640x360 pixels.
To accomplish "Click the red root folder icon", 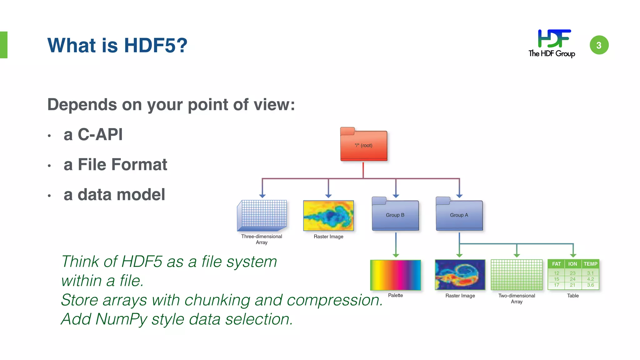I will coord(363,145).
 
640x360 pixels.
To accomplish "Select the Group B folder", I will coord(395,215).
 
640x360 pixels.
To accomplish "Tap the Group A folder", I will coord(459,215).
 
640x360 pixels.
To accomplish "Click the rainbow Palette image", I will coord(395,275).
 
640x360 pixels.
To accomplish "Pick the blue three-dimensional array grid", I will coord(262,215).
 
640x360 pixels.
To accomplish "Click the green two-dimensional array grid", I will coord(517,275).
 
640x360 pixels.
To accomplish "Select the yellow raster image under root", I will coord(328,216).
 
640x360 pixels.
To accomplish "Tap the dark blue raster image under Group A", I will coord(460,275).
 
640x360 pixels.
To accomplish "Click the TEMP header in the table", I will coord(590,264).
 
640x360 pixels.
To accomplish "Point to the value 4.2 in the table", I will coord(590,279).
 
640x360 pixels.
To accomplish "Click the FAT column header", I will coord(556,264).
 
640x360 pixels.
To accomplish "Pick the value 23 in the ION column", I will coord(572,273).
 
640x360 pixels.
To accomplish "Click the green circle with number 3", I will coord(599,45).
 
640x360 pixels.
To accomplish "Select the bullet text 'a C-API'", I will coord(93,135).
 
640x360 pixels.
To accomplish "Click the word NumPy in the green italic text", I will coord(121,319).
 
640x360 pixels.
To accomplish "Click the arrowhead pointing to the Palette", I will coord(396,256).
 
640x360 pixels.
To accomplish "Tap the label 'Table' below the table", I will coord(573,296).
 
